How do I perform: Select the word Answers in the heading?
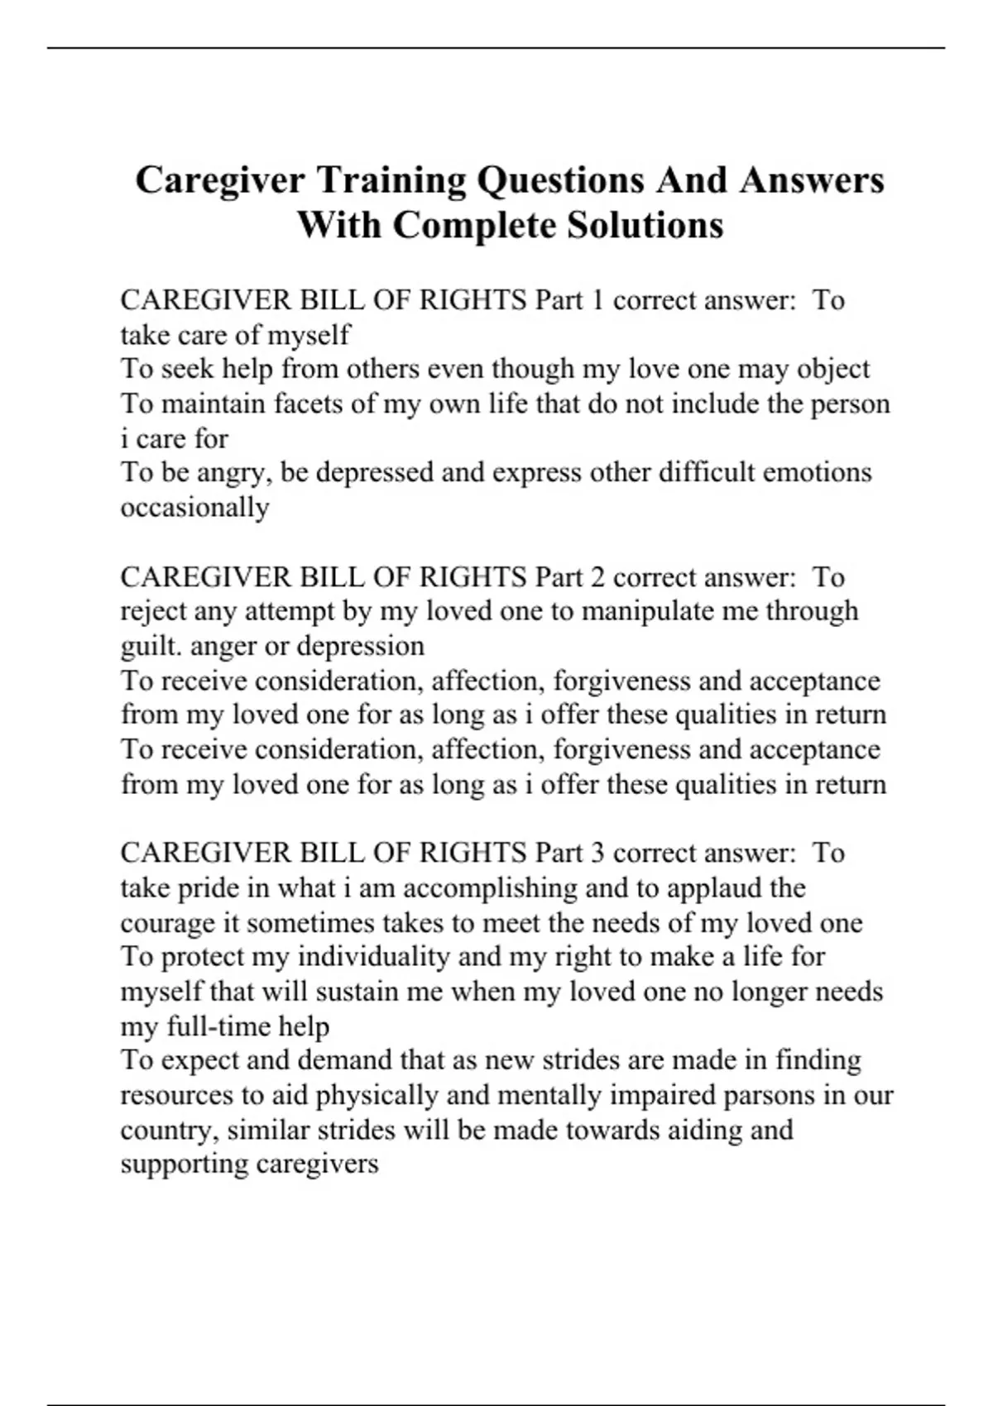812,180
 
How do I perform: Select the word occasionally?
194,507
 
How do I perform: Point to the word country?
167,1130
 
